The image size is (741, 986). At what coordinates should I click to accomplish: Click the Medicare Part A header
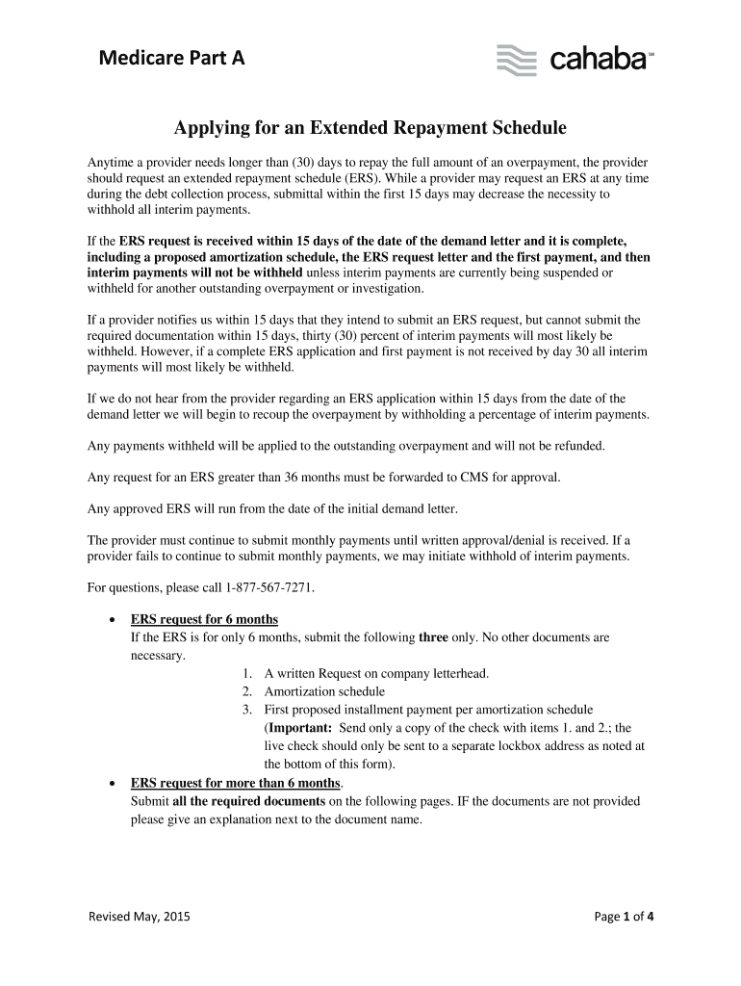(172, 59)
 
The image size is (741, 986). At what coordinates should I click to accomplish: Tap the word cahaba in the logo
(597, 60)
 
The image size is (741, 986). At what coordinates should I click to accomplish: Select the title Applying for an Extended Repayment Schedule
(370, 127)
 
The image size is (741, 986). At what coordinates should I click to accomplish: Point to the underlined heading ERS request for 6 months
(204, 618)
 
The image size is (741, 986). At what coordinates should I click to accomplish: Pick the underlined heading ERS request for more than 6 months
(236, 783)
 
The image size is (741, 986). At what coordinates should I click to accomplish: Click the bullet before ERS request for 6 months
(115, 619)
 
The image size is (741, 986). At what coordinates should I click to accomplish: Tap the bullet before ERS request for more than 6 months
(115, 784)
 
